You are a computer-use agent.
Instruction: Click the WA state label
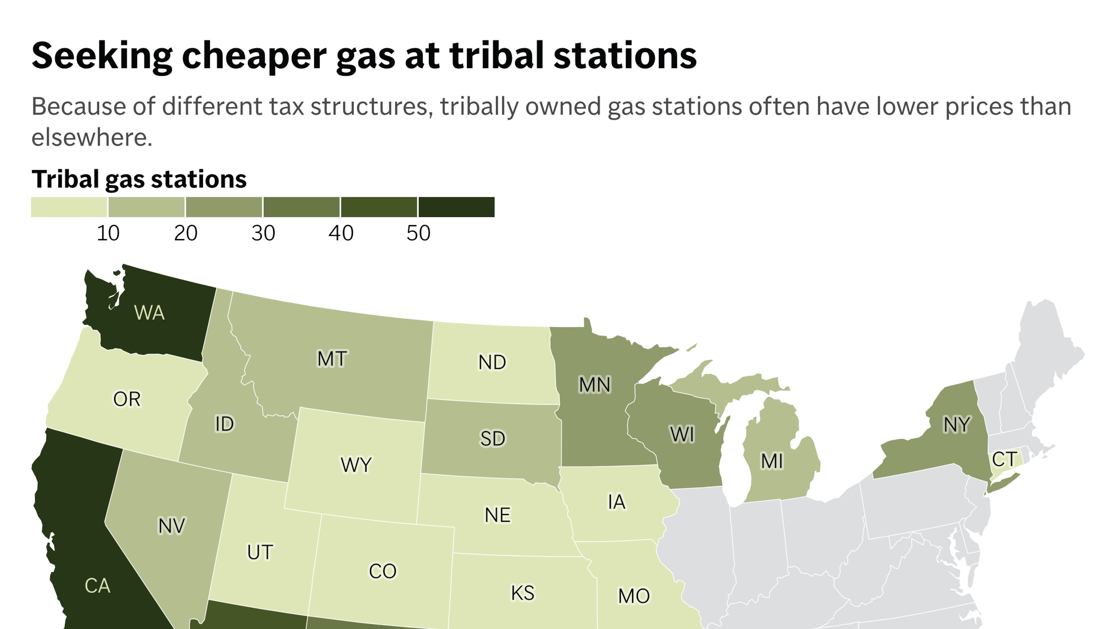coord(149,312)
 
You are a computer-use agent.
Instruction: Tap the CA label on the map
coord(97,586)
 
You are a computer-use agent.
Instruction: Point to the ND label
coord(492,362)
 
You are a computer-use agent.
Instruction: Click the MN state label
coord(595,385)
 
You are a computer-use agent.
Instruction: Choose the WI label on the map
coord(682,434)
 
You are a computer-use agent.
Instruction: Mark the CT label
coord(1004,459)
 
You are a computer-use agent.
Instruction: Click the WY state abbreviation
coord(356,465)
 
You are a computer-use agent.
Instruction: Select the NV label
coord(171,526)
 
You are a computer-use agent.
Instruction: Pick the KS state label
coord(523,593)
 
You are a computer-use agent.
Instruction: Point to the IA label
coord(616,502)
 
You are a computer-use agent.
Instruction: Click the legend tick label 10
coord(108,233)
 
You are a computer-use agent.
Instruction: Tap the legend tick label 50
coord(418,233)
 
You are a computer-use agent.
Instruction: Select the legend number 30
coord(263,233)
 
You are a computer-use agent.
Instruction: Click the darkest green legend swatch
coord(456,207)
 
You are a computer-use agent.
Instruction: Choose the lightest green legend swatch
coord(69,207)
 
